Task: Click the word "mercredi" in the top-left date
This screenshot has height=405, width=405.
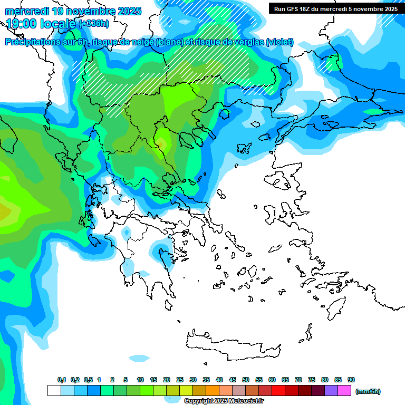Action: [x=26, y=11]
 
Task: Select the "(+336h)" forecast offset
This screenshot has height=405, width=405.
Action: [x=94, y=24]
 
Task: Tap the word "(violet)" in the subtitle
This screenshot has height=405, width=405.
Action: [x=279, y=42]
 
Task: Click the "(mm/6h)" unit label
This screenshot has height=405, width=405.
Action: [x=368, y=391]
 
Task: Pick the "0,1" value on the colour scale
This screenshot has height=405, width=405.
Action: [x=62, y=380]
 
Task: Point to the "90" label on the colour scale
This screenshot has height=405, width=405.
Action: [x=351, y=380]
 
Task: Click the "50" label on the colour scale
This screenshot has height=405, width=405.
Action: [x=246, y=380]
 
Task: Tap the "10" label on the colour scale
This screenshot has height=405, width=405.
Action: [x=140, y=380]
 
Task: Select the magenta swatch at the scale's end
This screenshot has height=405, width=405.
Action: [x=344, y=391]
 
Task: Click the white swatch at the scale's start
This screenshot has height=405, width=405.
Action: [x=54, y=391]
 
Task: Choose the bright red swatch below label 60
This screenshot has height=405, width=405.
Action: [x=278, y=391]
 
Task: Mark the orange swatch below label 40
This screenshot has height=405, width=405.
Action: [x=213, y=391]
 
